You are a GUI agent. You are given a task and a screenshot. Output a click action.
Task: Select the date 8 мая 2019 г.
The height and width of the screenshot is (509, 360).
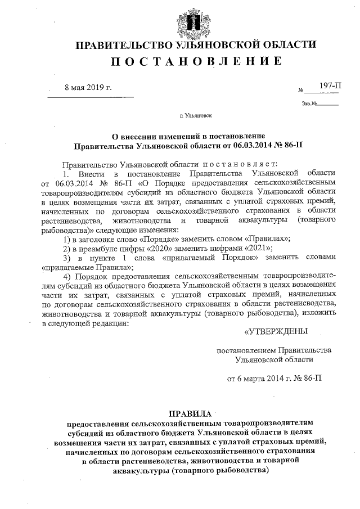pyautogui.click(x=88, y=88)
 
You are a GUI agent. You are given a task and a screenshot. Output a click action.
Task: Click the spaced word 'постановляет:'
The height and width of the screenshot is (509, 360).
pyautogui.click(x=247, y=164)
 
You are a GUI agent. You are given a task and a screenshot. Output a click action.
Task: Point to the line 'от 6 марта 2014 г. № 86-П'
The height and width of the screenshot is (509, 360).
pyautogui.click(x=274, y=378)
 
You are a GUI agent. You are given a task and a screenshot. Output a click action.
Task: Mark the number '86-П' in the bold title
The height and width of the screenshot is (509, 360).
pyautogui.click(x=296, y=145)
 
